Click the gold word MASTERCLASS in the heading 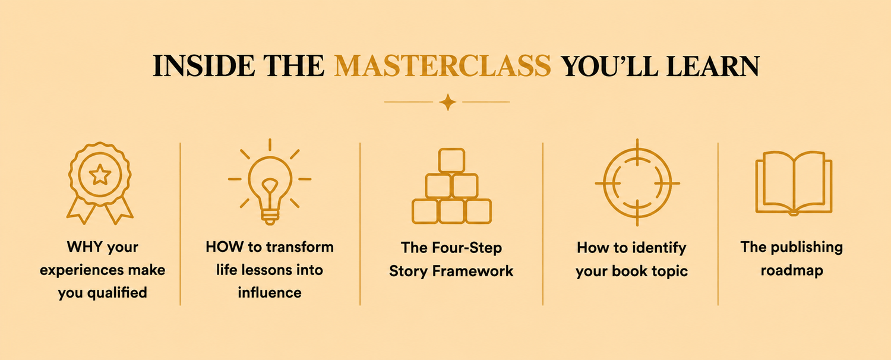pyautogui.click(x=443, y=65)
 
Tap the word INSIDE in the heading pyautogui.click(x=204, y=65)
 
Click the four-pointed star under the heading pyautogui.click(x=447, y=102)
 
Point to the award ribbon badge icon pyautogui.click(x=99, y=183)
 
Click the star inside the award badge pyautogui.click(x=100, y=175)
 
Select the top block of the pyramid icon pyautogui.click(x=451, y=160)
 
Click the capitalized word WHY pyautogui.click(x=85, y=247)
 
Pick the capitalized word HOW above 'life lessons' pyautogui.click(x=225, y=247)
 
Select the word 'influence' pyautogui.click(x=270, y=293)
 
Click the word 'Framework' pyautogui.click(x=473, y=271)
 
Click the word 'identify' pyautogui.click(x=659, y=248)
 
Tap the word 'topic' pyautogui.click(x=668, y=271)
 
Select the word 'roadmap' pyautogui.click(x=792, y=271)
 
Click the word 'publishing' pyautogui.click(x=807, y=247)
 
